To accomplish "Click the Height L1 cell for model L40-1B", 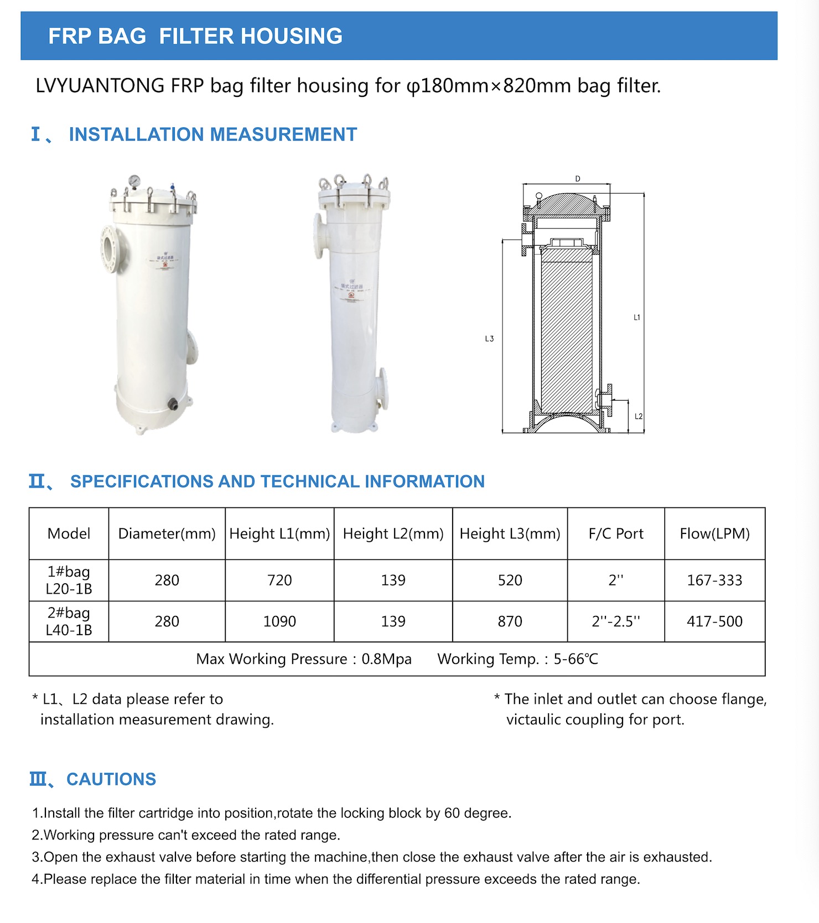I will tap(279, 621).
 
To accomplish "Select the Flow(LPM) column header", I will tap(714, 533).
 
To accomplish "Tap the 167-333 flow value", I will tap(714, 580).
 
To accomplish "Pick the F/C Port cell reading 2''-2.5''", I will tap(616, 621).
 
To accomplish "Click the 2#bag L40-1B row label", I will tap(69, 621).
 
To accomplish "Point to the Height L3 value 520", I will tap(510, 580).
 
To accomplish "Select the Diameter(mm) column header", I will tap(167, 533).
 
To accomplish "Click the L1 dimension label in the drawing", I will tap(637, 318).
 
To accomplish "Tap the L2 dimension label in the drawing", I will tap(639, 416).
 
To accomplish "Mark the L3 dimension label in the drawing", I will tap(489, 339).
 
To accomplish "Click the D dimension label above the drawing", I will tap(578, 179).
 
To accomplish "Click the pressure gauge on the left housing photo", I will tap(134, 181).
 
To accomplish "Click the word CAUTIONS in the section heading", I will tap(111, 779).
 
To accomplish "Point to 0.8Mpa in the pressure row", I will tap(386, 659).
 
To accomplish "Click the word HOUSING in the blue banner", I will tap(292, 36).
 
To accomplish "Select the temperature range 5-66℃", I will tap(576, 659).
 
